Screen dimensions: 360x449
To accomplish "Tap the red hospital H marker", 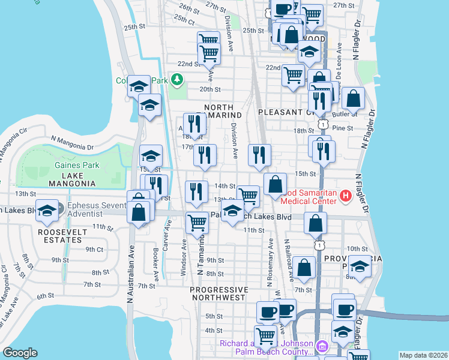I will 345,196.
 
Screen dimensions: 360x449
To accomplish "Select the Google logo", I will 20,353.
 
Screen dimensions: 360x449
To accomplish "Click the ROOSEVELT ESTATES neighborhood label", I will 59,236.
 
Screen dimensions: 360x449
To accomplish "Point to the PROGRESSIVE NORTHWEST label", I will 217,293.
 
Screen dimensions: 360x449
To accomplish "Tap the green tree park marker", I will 177,79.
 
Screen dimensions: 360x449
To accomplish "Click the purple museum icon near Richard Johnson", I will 322,346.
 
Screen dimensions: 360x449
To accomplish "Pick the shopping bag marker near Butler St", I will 354,98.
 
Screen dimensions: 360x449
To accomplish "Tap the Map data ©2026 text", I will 423,355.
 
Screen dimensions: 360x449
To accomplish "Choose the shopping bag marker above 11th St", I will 315,223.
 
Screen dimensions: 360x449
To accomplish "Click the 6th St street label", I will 46,296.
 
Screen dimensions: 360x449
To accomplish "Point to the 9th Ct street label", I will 94,249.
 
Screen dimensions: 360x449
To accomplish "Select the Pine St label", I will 342,128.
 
